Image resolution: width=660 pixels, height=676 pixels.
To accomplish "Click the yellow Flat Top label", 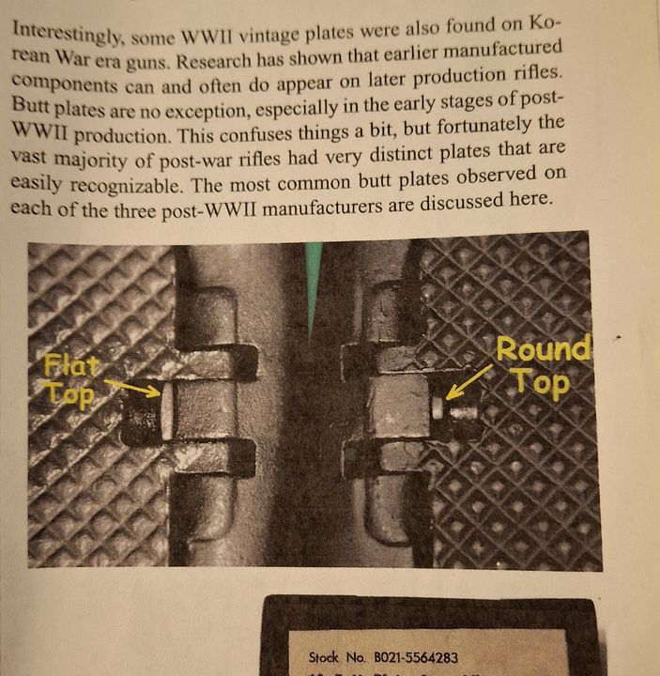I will click(x=71, y=380).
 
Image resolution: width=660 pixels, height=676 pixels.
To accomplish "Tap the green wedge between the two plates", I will click(x=313, y=282).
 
